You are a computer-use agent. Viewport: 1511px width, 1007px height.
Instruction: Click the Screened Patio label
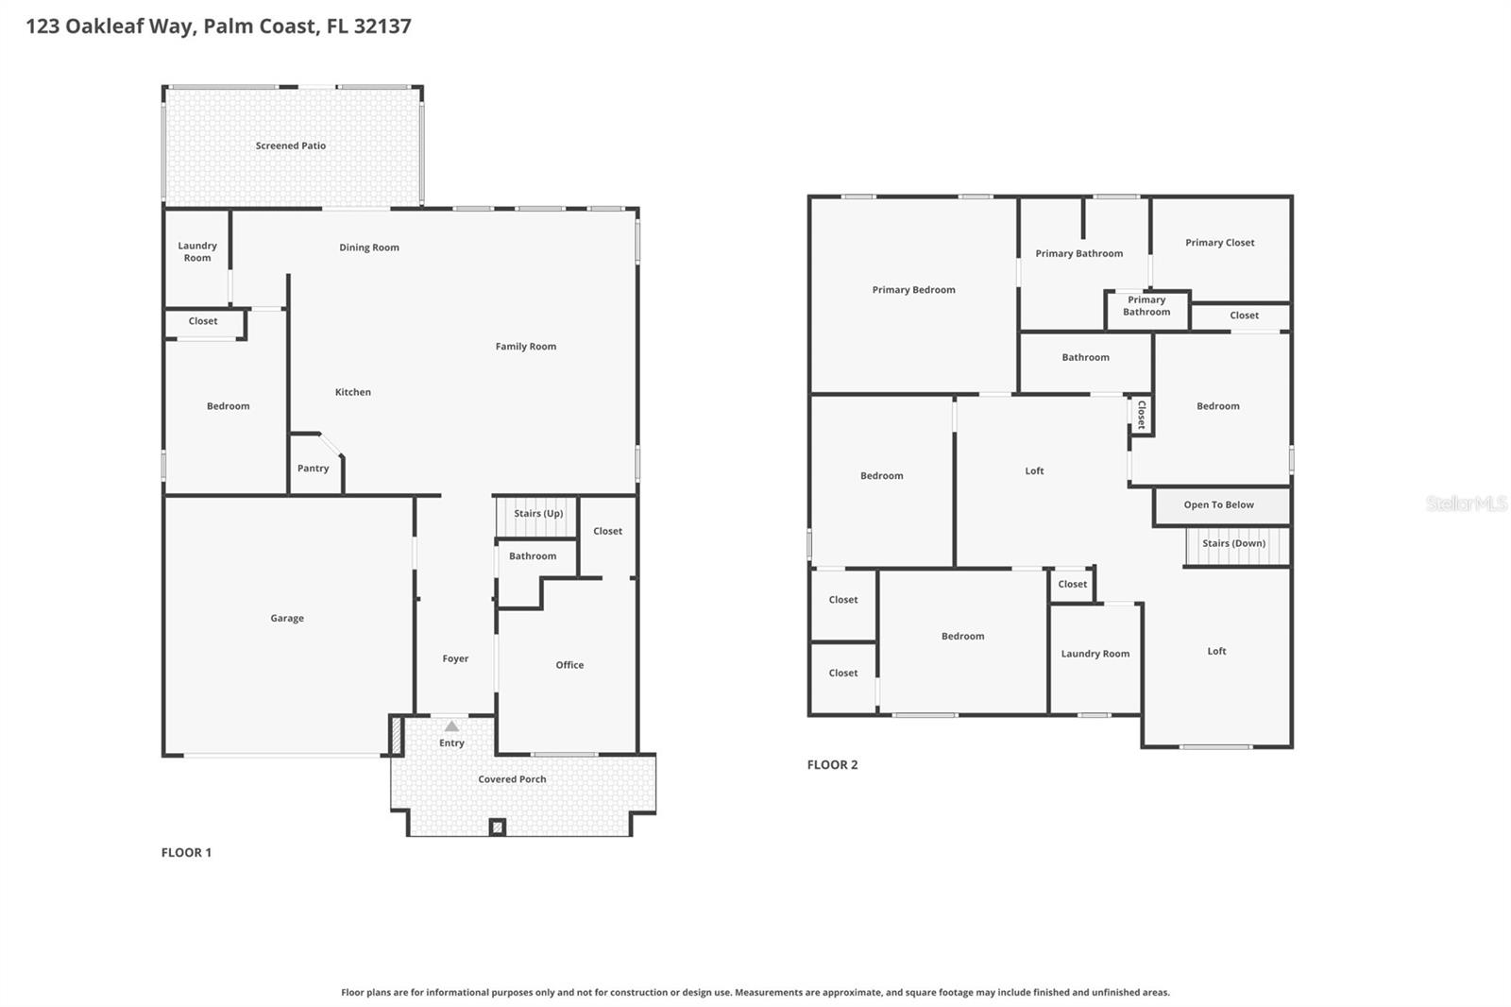click(291, 145)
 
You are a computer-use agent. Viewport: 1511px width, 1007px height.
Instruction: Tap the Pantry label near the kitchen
click(314, 469)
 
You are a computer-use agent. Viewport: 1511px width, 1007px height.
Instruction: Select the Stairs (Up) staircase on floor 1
click(537, 515)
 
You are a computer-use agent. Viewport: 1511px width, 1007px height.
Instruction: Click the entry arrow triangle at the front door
click(451, 726)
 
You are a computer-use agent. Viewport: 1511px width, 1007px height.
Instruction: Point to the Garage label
click(287, 619)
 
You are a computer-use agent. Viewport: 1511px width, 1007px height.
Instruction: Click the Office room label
click(569, 665)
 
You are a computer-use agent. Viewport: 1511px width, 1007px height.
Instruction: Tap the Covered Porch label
click(512, 779)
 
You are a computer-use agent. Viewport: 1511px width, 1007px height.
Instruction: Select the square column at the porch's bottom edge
click(498, 828)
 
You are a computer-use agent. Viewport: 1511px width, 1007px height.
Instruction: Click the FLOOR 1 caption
click(186, 852)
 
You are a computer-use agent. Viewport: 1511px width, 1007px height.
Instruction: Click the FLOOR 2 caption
click(832, 765)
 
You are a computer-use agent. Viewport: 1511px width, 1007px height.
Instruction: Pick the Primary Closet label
click(1219, 243)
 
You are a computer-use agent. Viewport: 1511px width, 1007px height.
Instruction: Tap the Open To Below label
click(1218, 505)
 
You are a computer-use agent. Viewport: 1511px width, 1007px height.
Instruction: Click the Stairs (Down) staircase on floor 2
click(1235, 545)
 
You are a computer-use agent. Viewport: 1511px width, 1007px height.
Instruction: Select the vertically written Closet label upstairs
click(1141, 415)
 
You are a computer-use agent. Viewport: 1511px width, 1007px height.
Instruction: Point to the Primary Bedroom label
click(913, 290)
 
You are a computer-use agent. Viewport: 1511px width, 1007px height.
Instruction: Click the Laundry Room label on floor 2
click(1095, 654)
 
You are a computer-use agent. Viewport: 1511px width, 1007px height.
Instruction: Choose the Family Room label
click(526, 347)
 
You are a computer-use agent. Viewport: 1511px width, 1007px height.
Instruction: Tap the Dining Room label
click(369, 247)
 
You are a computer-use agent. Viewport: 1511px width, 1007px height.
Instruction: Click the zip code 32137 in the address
click(382, 26)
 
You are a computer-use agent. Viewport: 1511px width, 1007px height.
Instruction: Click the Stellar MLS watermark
click(1466, 503)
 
